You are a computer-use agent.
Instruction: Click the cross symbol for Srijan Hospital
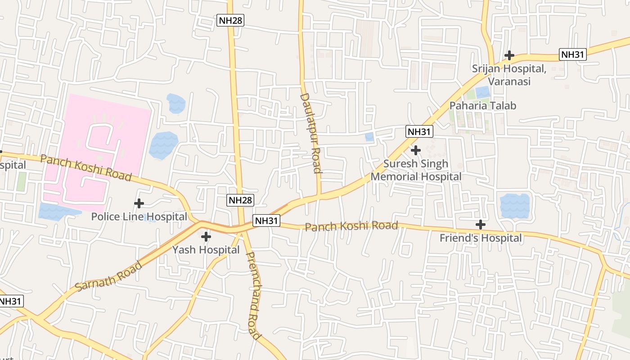509,55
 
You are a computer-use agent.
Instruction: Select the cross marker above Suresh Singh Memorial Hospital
416,150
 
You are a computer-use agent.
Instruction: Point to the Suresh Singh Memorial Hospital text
416,170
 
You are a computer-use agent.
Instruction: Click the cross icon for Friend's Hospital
481,224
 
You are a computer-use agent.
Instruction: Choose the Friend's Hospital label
481,238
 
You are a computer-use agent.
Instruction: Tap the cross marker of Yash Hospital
206,236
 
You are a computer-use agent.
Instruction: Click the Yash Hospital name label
206,250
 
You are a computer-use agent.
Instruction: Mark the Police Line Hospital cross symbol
139,203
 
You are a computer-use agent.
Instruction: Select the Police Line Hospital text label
139,217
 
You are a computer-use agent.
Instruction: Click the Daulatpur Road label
311,133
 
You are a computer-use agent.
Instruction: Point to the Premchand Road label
254,296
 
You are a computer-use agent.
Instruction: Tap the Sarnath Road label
108,276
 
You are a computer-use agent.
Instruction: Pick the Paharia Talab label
483,106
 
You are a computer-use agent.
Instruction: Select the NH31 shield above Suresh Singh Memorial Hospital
419,131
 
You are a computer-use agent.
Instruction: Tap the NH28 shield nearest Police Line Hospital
240,200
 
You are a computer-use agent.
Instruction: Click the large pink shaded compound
103,135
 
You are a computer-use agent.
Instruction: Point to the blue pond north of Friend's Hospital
514,205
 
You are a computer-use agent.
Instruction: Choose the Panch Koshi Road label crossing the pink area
85,168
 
